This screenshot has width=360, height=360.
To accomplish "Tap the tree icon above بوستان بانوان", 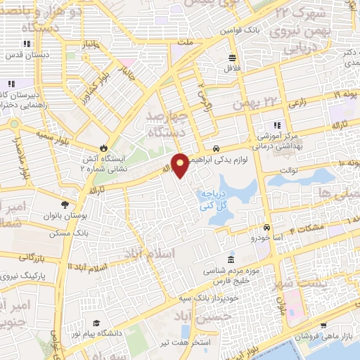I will (x=65, y=205).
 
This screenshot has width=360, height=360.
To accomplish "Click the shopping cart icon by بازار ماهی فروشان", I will (x=323, y=325).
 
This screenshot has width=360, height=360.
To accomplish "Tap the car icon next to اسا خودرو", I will (x=267, y=228).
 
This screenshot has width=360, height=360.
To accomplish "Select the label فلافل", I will (x=233, y=69).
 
